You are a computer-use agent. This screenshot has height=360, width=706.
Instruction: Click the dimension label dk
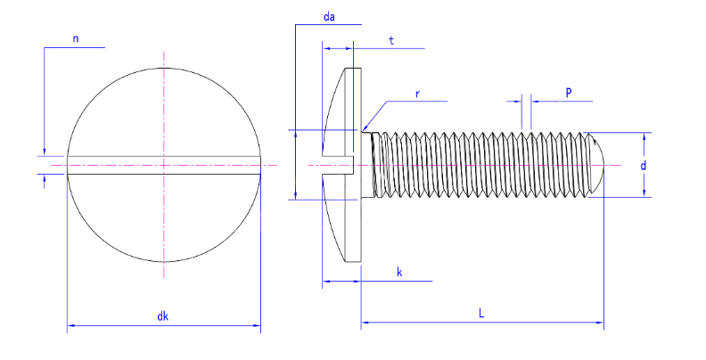(x=162, y=316)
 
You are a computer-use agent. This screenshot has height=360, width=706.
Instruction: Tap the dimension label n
(x=76, y=38)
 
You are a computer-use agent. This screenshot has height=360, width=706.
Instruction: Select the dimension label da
(x=329, y=17)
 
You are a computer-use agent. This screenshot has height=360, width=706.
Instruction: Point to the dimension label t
(x=391, y=40)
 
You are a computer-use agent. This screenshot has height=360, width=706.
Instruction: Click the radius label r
(x=417, y=94)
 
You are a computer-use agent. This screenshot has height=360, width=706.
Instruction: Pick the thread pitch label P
(x=569, y=94)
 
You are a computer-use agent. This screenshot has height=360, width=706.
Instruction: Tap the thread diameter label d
(x=643, y=166)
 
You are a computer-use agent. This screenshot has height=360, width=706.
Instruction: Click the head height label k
(x=399, y=273)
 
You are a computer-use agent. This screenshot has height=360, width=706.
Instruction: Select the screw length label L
(x=481, y=313)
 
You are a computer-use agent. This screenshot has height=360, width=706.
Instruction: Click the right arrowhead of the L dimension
(x=600, y=323)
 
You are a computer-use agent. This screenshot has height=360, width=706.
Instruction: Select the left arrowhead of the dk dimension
(x=71, y=325)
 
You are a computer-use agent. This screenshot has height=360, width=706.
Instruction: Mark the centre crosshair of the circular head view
(x=163, y=165)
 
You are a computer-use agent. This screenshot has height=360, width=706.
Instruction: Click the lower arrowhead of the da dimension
(x=295, y=195)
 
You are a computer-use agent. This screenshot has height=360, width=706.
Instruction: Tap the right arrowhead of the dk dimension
(x=257, y=325)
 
